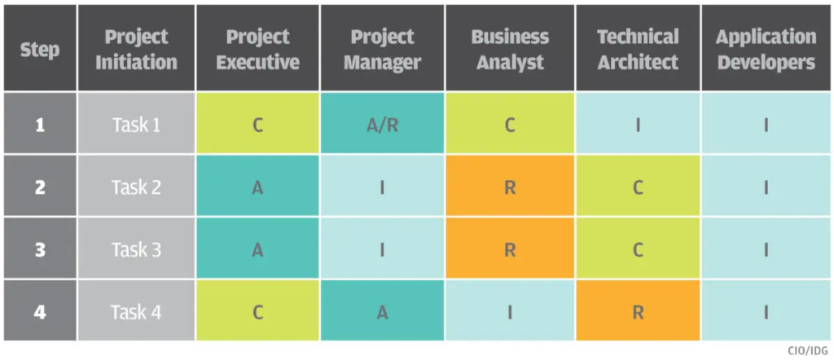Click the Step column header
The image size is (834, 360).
tap(39, 49)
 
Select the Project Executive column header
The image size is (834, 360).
tap(257, 49)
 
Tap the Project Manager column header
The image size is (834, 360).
tap(382, 49)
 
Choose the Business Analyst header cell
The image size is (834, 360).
tap(509, 49)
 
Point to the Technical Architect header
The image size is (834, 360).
tap(638, 49)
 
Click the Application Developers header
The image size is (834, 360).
tap(766, 49)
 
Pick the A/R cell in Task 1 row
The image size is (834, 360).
tap(382, 125)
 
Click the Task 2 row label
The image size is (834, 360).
tap(136, 187)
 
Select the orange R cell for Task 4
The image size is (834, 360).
tap(638, 312)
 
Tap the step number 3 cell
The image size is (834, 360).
tap(39, 250)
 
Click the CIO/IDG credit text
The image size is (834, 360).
tap(809, 350)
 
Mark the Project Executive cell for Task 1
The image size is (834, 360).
tap(257, 125)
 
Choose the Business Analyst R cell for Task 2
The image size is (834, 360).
tap(509, 187)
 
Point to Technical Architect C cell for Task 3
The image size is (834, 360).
tap(638, 250)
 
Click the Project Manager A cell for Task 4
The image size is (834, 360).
tap(382, 312)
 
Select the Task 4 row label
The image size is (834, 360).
tap(136, 312)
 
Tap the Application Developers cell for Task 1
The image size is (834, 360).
tap(766, 125)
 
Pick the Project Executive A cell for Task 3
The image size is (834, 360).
tap(257, 250)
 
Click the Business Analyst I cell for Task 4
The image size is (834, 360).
tap(509, 312)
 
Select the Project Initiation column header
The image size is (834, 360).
tap(136, 49)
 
